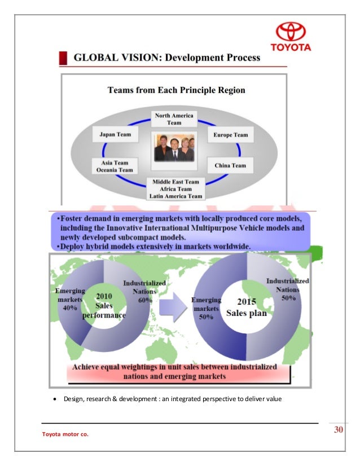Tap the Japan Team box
coord(116,135)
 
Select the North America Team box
coord(174,118)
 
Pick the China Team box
coord(231,165)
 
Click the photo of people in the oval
coord(174,148)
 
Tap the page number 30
coord(339,430)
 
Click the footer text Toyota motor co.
coord(65,434)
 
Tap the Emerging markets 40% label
coord(69,298)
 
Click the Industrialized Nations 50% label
coord(287,289)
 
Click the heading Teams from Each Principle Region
coord(176,90)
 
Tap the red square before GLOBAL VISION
coord(64,58)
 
